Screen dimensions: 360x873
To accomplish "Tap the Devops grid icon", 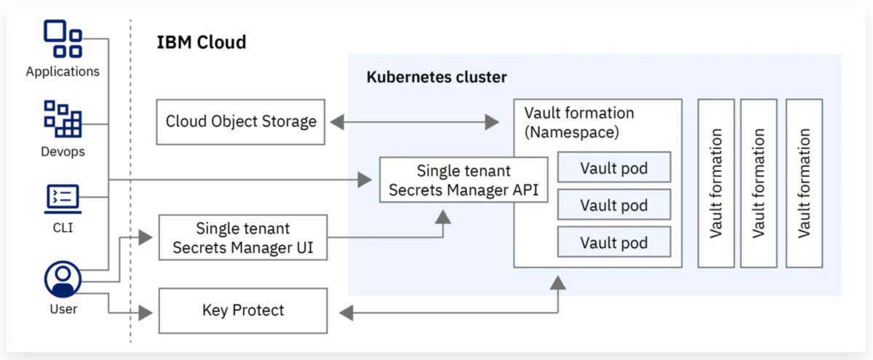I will (63, 119).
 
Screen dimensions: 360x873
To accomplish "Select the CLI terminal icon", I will (63, 197).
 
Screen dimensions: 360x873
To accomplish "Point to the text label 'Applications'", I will (63, 72).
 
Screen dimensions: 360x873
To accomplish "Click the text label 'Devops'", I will (63, 152).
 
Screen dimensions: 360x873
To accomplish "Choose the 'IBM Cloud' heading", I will (202, 42).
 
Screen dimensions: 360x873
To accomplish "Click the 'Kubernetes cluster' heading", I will (436, 77).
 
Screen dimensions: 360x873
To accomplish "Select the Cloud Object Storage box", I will (241, 121).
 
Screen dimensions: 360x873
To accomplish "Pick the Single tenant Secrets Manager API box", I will (463, 180).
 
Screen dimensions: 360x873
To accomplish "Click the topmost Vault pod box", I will (614, 168).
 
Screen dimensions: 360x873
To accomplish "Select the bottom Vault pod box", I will (614, 242).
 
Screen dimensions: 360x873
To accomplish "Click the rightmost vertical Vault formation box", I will (804, 183).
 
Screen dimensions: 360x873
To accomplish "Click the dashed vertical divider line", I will (130, 182).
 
